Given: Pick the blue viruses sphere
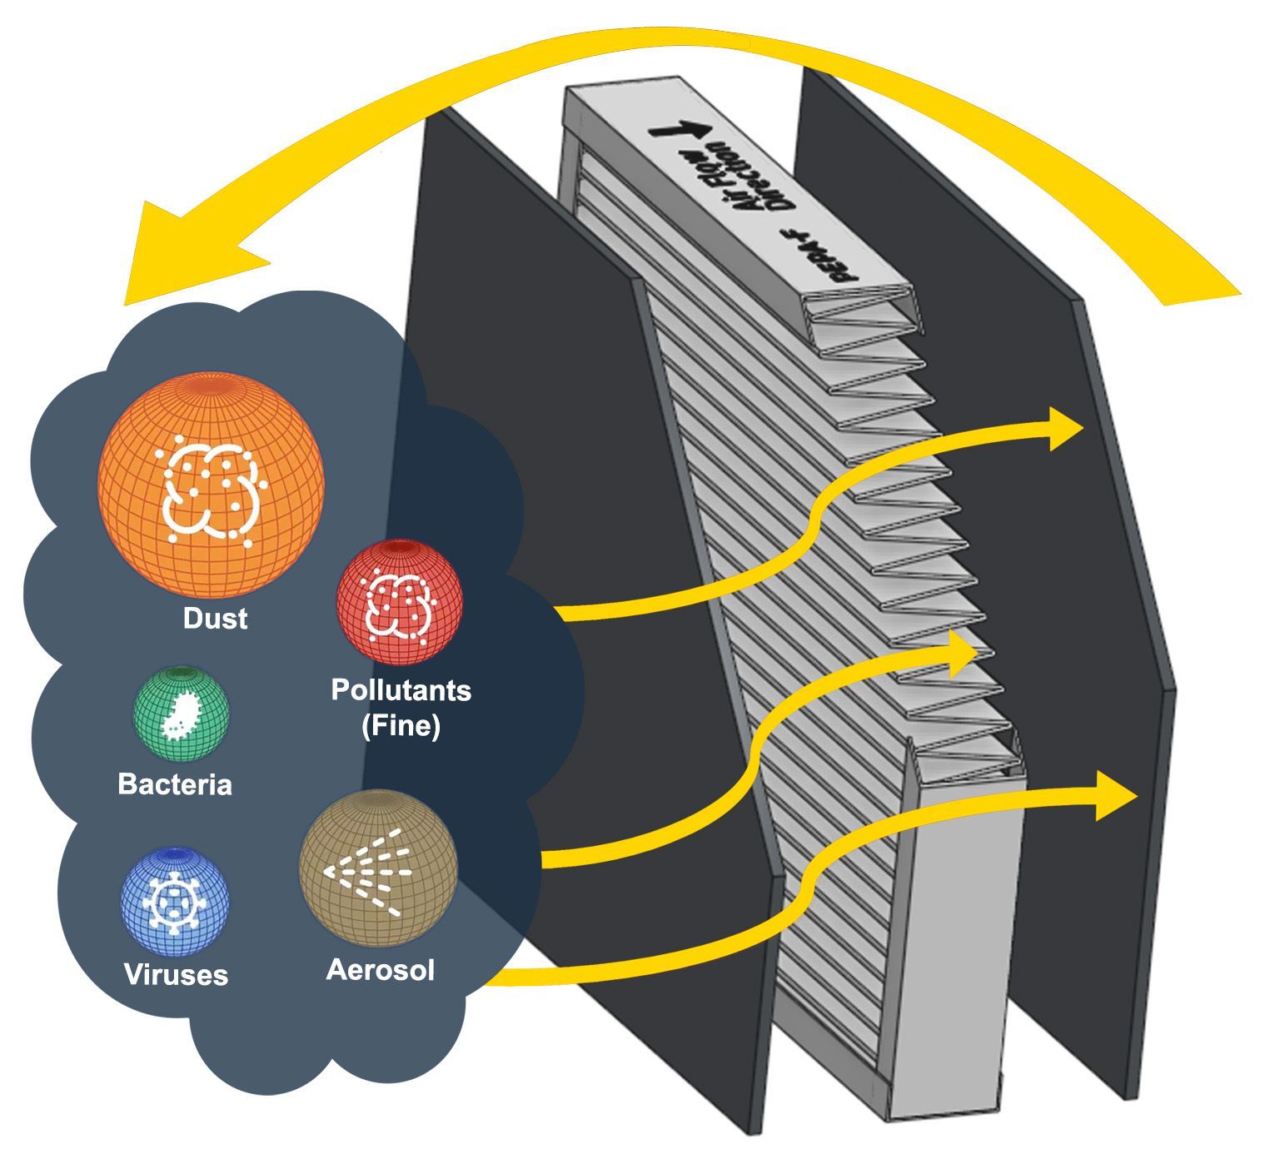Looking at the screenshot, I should pos(174,901).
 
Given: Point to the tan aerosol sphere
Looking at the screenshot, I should pos(377,868).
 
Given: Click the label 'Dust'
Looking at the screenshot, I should pos(215,619).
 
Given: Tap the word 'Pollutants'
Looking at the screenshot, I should pos(401,690).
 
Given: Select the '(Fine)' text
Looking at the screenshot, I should pos(401,726).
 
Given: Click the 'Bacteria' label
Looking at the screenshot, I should pos(175,784).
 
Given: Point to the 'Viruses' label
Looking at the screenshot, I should pos(176,974).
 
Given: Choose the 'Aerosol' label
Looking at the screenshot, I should pos(381,970).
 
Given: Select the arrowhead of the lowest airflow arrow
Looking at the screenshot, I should pos(1113,795).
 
